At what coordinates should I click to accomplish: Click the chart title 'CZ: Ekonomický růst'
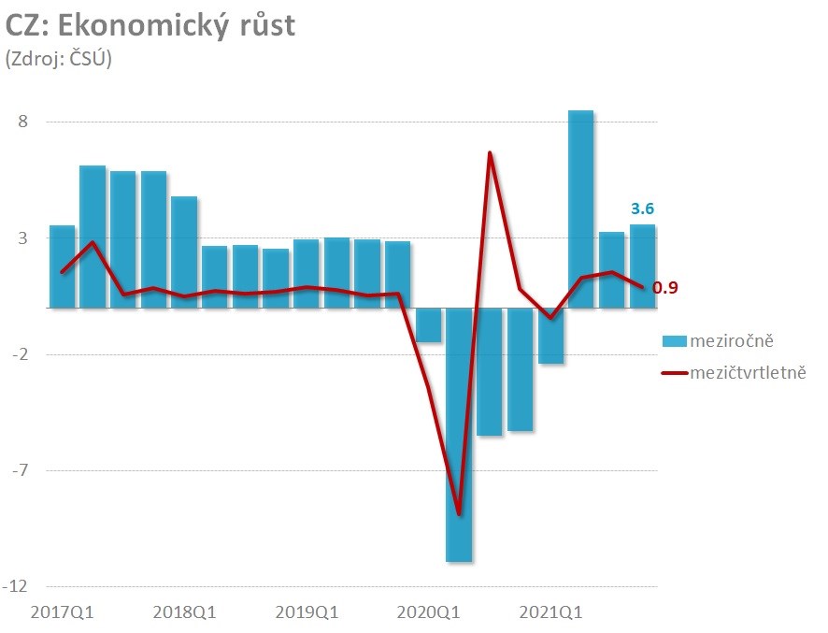(x=150, y=25)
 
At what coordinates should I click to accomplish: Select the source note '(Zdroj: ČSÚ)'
(x=59, y=58)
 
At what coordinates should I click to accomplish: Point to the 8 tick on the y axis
(x=23, y=122)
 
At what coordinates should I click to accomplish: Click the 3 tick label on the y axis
(x=23, y=238)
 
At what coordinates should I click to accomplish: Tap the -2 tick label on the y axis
(x=20, y=354)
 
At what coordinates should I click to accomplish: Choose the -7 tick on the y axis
(x=20, y=470)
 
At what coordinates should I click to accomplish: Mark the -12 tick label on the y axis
(x=16, y=587)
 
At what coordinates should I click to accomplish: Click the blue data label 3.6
(x=642, y=209)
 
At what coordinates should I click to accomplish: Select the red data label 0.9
(x=665, y=287)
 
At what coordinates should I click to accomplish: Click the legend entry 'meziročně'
(x=731, y=338)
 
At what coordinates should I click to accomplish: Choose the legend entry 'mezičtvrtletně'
(x=748, y=372)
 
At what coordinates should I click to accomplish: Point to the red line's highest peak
(x=490, y=152)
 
